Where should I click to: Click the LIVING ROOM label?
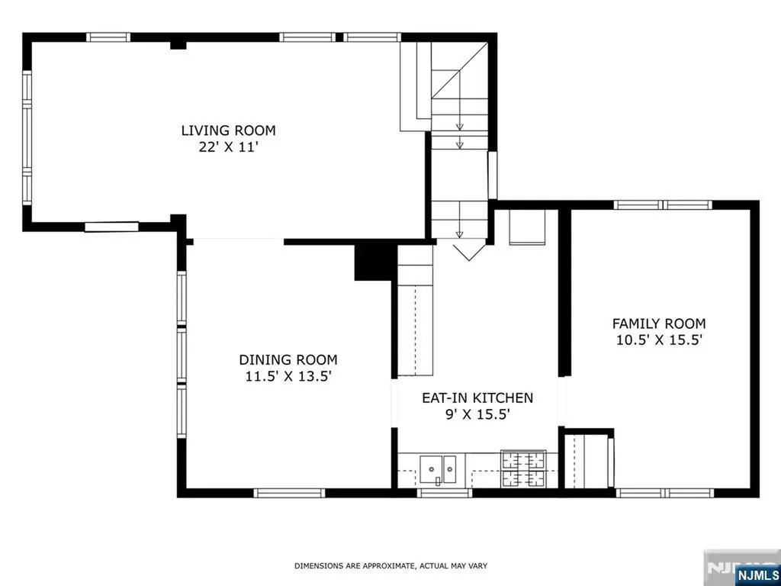pyautogui.click(x=228, y=130)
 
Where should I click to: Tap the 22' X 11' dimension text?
pyautogui.click(x=228, y=147)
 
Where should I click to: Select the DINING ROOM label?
pyautogui.click(x=288, y=360)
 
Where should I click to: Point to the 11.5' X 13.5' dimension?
pyautogui.click(x=288, y=376)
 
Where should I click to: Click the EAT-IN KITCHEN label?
pyautogui.click(x=477, y=398)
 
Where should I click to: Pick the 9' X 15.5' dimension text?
pyautogui.click(x=477, y=414)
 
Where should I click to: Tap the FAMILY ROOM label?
pyautogui.click(x=658, y=324)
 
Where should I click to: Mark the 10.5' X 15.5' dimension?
pyautogui.click(x=658, y=340)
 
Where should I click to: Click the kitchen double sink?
pyautogui.click(x=438, y=470)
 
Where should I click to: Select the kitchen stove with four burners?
pyautogui.click(x=523, y=468)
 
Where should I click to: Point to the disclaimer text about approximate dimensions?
pyautogui.click(x=390, y=565)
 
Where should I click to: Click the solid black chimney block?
pyautogui.click(x=372, y=262)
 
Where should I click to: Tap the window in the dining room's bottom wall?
pyautogui.click(x=289, y=493)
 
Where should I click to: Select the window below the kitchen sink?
pyautogui.click(x=444, y=493)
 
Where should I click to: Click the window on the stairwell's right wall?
pyautogui.click(x=492, y=175)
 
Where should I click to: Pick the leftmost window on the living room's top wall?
pyautogui.click(x=108, y=37)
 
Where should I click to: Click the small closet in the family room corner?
pyautogui.click(x=588, y=461)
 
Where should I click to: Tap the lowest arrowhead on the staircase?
pyautogui.click(x=459, y=234)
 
